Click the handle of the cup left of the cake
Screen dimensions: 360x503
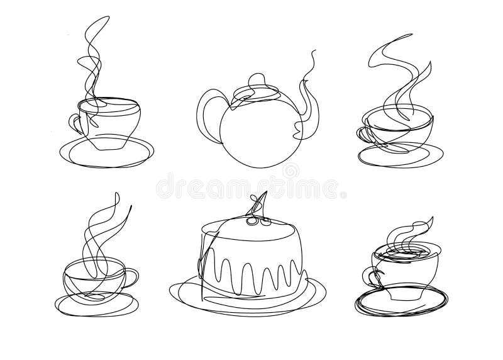(x=132, y=275)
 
